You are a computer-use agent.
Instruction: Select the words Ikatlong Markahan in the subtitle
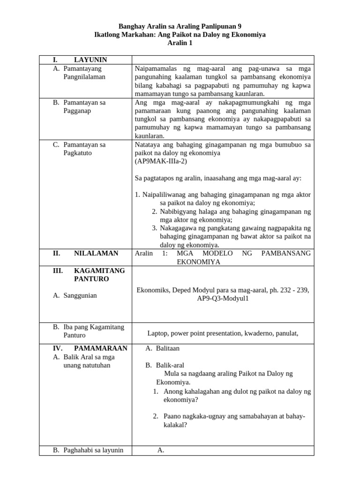pyautogui.click(x=122, y=35)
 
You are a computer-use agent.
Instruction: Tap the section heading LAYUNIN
pyautogui.click(x=90, y=60)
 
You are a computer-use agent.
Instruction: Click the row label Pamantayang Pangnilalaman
pyautogui.click(x=84, y=73)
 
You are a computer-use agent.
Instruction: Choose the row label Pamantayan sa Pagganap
pyautogui.click(x=84, y=106)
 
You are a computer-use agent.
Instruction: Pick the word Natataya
pyautogui.click(x=147, y=144)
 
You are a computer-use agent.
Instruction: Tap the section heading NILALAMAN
pyautogui.click(x=96, y=253)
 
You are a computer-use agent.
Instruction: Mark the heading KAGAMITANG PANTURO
pyautogui.click(x=99, y=275)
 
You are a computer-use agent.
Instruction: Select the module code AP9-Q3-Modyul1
pyautogui.click(x=222, y=298)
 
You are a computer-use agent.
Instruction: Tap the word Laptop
pyautogui.click(x=158, y=333)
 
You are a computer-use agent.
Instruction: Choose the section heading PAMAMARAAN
pyautogui.click(x=100, y=348)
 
